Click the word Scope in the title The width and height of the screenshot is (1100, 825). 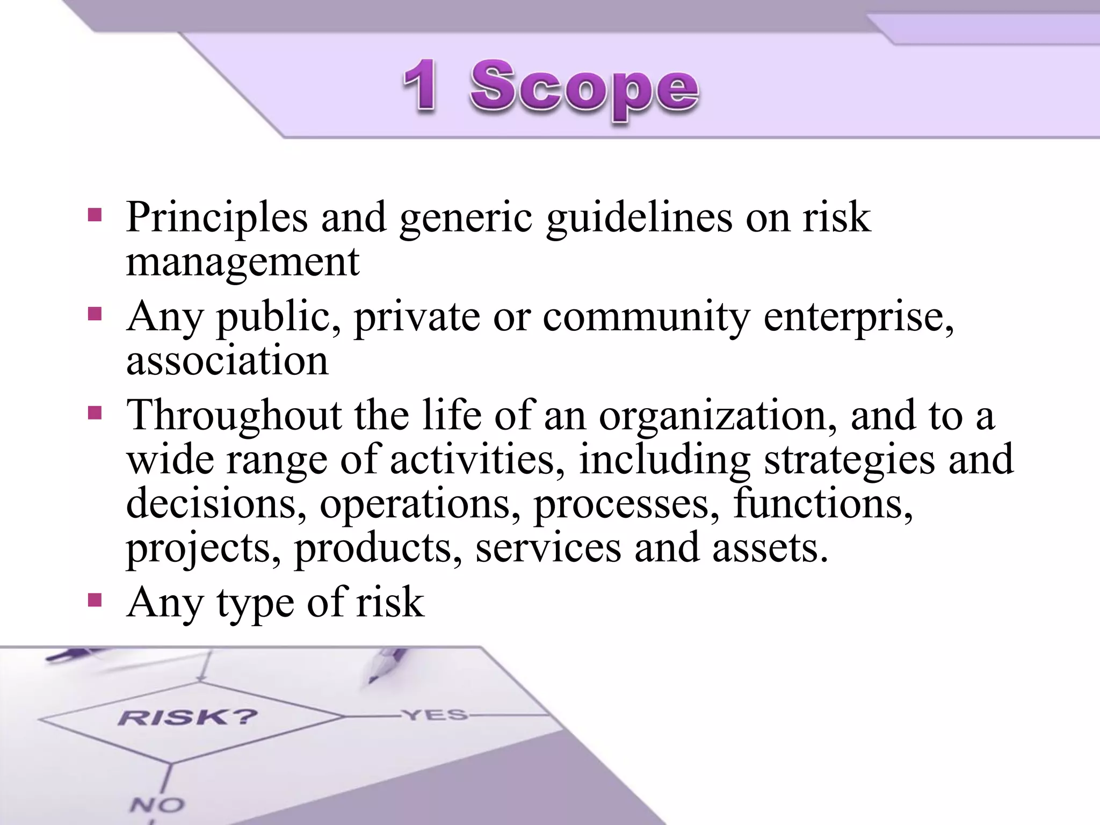[x=584, y=89]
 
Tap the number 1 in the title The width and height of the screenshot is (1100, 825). [x=419, y=86]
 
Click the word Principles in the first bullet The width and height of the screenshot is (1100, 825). [x=217, y=217]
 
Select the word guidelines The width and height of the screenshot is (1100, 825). [x=639, y=218]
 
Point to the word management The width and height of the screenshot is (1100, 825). [x=242, y=262]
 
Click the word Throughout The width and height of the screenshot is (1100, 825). [x=234, y=416]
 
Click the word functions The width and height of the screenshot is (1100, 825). [x=822, y=504]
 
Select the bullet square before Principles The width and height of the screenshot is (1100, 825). [x=95, y=215]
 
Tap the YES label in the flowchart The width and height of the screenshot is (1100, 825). [x=435, y=715]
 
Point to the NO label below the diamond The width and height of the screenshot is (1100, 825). [x=157, y=805]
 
